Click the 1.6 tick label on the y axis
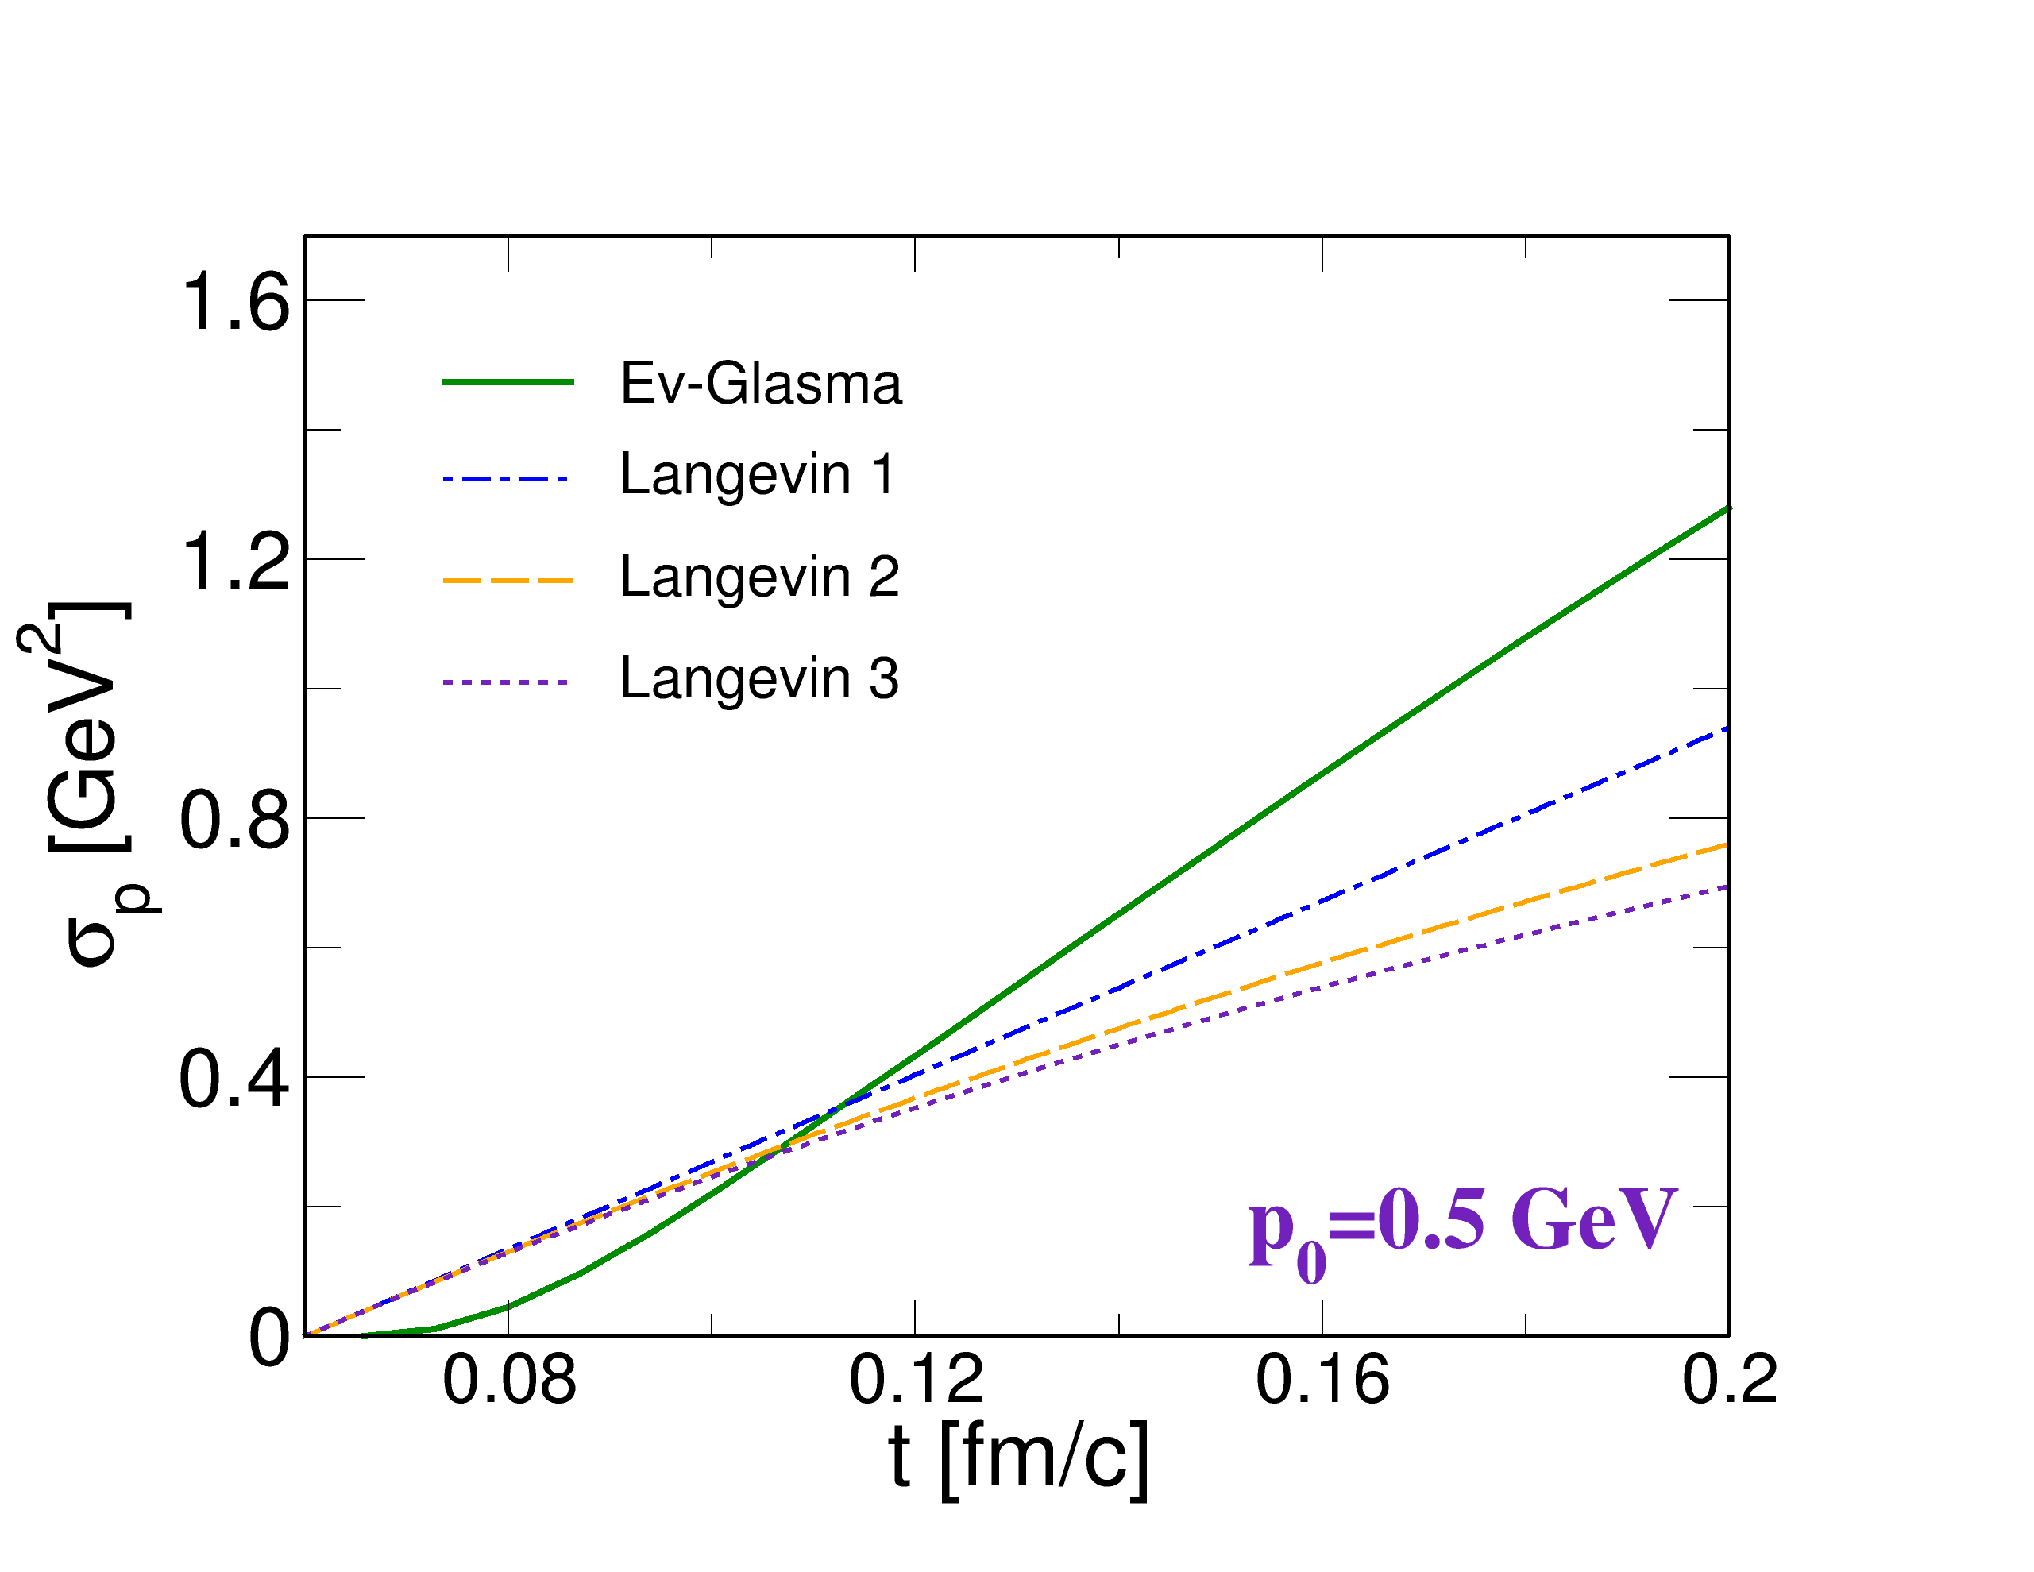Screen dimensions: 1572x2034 (238, 301)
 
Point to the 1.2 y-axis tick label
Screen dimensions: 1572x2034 (238, 560)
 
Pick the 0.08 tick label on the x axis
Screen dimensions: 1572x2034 (509, 1378)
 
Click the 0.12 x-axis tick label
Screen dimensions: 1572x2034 (917, 1378)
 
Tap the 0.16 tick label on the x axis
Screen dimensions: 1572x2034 (1323, 1378)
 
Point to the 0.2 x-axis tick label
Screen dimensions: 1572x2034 (1730, 1378)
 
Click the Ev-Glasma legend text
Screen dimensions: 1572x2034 (760, 383)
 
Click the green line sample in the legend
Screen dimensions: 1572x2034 (508, 383)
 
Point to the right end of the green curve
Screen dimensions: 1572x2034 (1727, 509)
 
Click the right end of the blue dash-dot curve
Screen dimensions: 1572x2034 (1727, 729)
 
